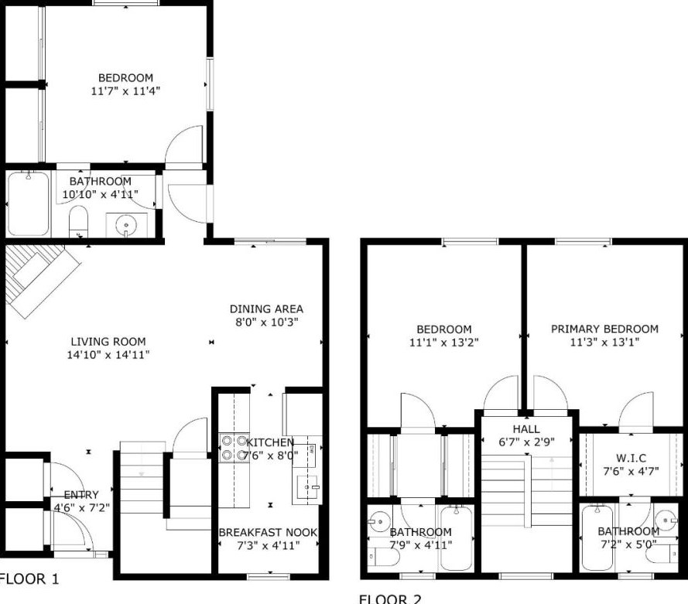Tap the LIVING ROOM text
tap(108, 342)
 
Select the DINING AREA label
tap(266, 309)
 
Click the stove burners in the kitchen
tap(234, 448)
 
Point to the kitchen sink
tap(306, 486)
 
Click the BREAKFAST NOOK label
tap(268, 532)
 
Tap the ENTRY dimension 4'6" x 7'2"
tap(81, 507)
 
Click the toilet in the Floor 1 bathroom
tap(79, 221)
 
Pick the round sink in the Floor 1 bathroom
tap(126, 225)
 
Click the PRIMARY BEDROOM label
tap(604, 329)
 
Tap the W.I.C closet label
tap(631, 458)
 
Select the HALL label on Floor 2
tap(526, 428)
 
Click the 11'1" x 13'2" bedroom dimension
tap(443, 343)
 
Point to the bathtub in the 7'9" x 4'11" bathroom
tap(457, 537)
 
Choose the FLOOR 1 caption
tap(29, 579)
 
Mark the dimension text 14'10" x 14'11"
tap(108, 355)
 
